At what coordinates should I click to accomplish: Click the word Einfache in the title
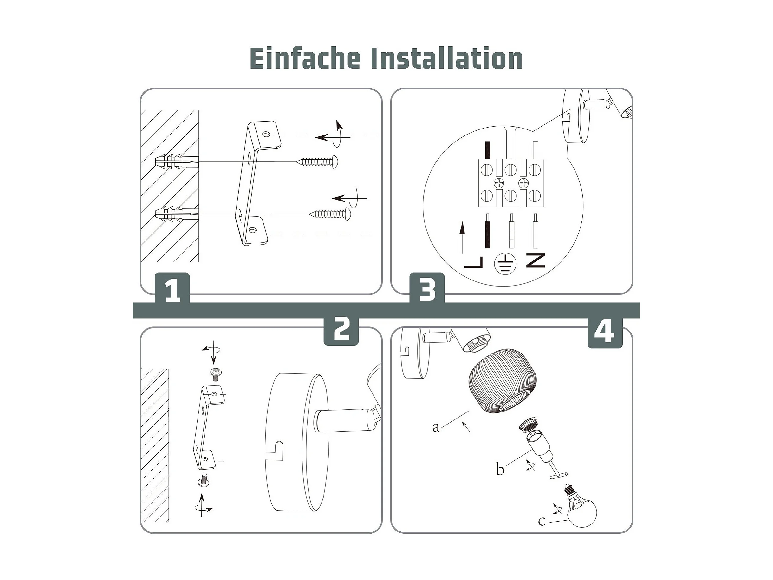click(305, 58)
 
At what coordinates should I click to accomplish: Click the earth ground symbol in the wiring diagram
click(505, 264)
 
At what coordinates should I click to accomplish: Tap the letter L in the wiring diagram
click(473, 262)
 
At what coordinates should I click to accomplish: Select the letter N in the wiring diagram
click(536, 261)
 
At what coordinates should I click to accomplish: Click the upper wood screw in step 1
click(317, 161)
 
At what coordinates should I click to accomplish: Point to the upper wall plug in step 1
click(177, 162)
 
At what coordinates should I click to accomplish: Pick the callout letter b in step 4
click(500, 469)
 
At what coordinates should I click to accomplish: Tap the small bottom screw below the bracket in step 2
click(204, 480)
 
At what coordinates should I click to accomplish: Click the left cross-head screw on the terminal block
click(499, 182)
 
